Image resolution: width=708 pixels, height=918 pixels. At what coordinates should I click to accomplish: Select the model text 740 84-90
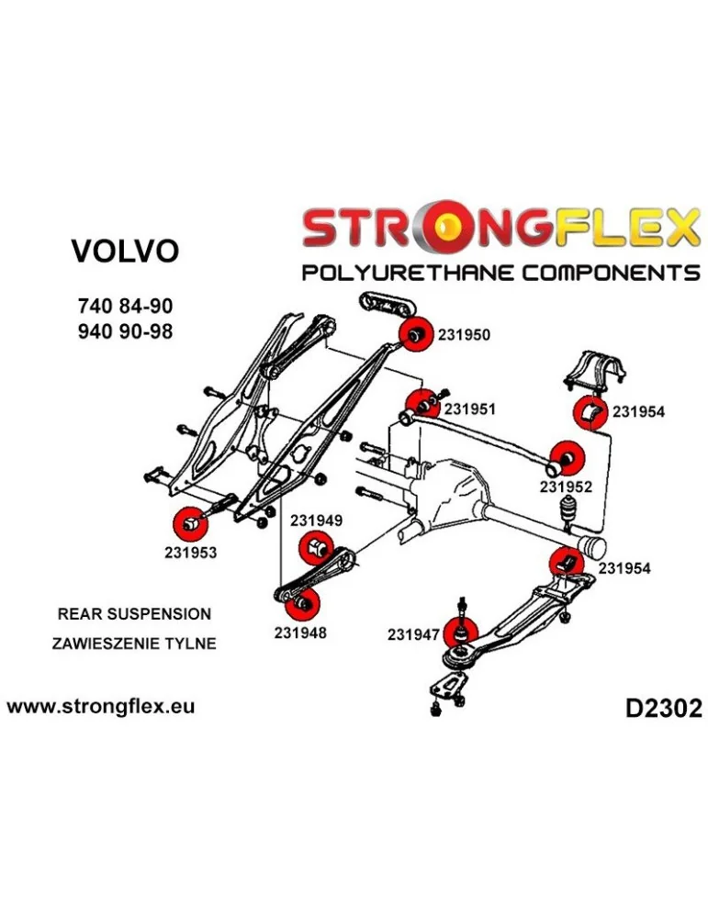pyautogui.click(x=125, y=307)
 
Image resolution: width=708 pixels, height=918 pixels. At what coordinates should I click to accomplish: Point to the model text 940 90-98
pyautogui.click(x=125, y=330)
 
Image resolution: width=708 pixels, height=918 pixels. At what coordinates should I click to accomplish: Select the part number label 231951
pyautogui.click(x=469, y=409)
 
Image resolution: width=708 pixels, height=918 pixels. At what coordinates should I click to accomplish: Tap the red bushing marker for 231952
pyautogui.click(x=567, y=456)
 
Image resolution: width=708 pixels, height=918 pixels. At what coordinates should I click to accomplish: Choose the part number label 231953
pyautogui.click(x=190, y=554)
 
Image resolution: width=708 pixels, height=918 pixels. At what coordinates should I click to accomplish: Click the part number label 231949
pyautogui.click(x=317, y=521)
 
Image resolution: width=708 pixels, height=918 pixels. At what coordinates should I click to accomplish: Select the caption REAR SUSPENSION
pyautogui.click(x=134, y=614)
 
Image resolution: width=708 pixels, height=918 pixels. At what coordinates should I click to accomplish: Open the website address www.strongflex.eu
pyautogui.click(x=100, y=707)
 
